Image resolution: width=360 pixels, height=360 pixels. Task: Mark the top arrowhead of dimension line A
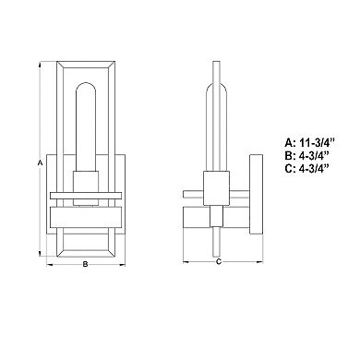(40, 66)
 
